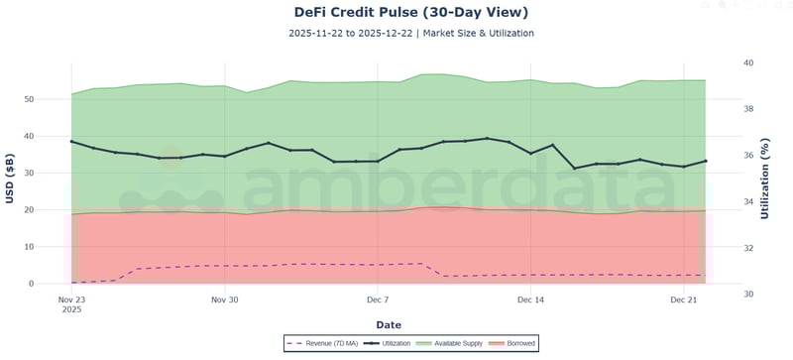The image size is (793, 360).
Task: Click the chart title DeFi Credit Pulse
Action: click(396, 13)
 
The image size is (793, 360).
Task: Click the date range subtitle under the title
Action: click(396, 33)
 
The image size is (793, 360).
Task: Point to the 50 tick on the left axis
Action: click(57, 99)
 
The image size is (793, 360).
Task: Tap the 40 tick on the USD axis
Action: click(57, 136)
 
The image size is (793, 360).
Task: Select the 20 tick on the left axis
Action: click(57, 210)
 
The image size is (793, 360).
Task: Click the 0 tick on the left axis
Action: click(59, 284)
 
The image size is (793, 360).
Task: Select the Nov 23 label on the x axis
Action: click(71, 299)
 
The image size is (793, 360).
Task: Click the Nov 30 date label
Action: click(225, 299)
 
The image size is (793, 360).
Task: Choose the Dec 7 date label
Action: click(378, 299)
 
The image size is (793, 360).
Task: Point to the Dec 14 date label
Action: click(530, 299)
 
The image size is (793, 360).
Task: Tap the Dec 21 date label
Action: click(684, 299)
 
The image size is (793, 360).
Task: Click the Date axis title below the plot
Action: click(389, 324)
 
